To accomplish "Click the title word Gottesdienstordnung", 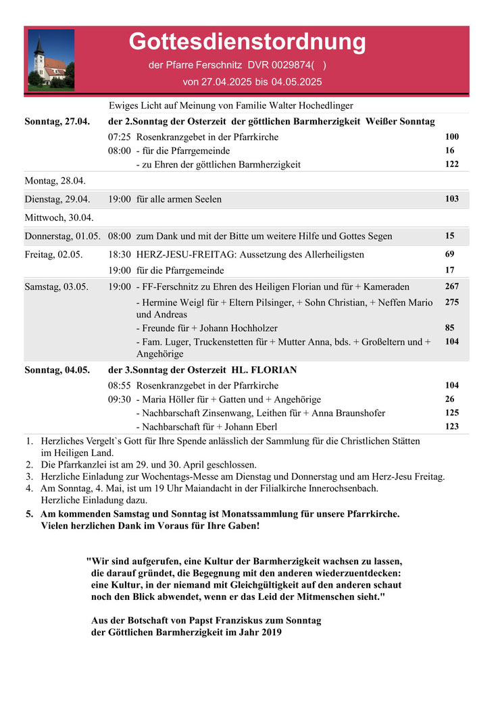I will pos(247,42).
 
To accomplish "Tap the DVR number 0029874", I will pos(291,66).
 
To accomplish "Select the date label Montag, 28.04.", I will pos(55,180).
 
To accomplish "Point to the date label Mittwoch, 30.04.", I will pos(59,218).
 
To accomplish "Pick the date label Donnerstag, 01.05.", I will pos(63,236).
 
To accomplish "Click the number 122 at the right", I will pos(452,164).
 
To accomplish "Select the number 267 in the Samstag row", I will pos(452,287).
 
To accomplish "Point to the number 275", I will pos(452,303).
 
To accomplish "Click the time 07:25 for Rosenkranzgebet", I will pos(120,137).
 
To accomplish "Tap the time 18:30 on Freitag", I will pos(120,255).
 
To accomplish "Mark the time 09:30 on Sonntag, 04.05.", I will pos(120,399).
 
